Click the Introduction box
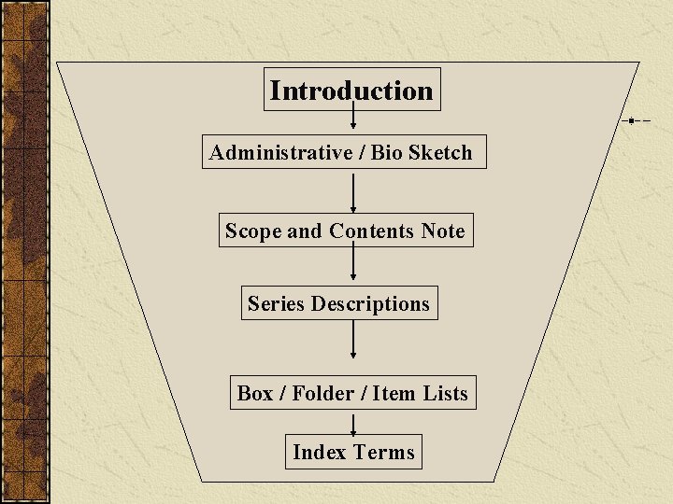pos(351,91)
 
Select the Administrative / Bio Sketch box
pos(344,152)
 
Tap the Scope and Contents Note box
pos(345,231)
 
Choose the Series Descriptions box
pos(338,303)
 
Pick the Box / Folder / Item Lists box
pos(352,393)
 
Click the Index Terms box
pos(353,452)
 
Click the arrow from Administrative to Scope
pos(353,191)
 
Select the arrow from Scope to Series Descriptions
pos(353,266)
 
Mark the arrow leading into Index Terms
pos(353,423)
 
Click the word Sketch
pos(440,152)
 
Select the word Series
pos(277,303)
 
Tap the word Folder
pos(322,393)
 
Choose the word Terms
pos(384,452)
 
